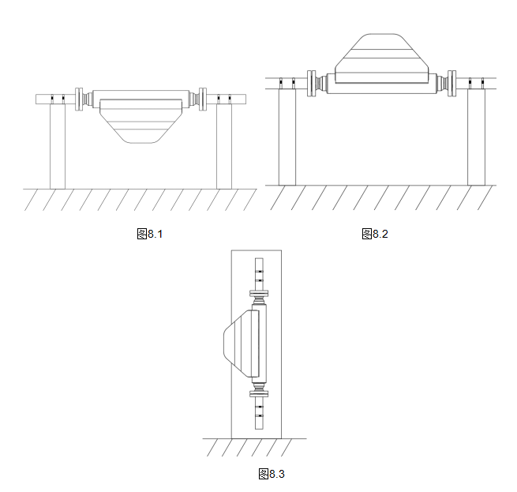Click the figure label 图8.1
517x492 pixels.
[x=150, y=234]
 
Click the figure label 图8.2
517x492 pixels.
[x=375, y=234]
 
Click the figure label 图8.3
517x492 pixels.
[x=272, y=474]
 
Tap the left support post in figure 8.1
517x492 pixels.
[x=58, y=146]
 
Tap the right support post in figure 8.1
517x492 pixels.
[x=224, y=146]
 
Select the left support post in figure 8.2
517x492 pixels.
[x=287, y=137]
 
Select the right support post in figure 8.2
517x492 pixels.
[x=476, y=137]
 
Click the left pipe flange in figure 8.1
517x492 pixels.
[x=79, y=100]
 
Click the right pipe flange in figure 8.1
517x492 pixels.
[x=203, y=100]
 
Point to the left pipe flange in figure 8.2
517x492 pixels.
[x=311, y=84]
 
